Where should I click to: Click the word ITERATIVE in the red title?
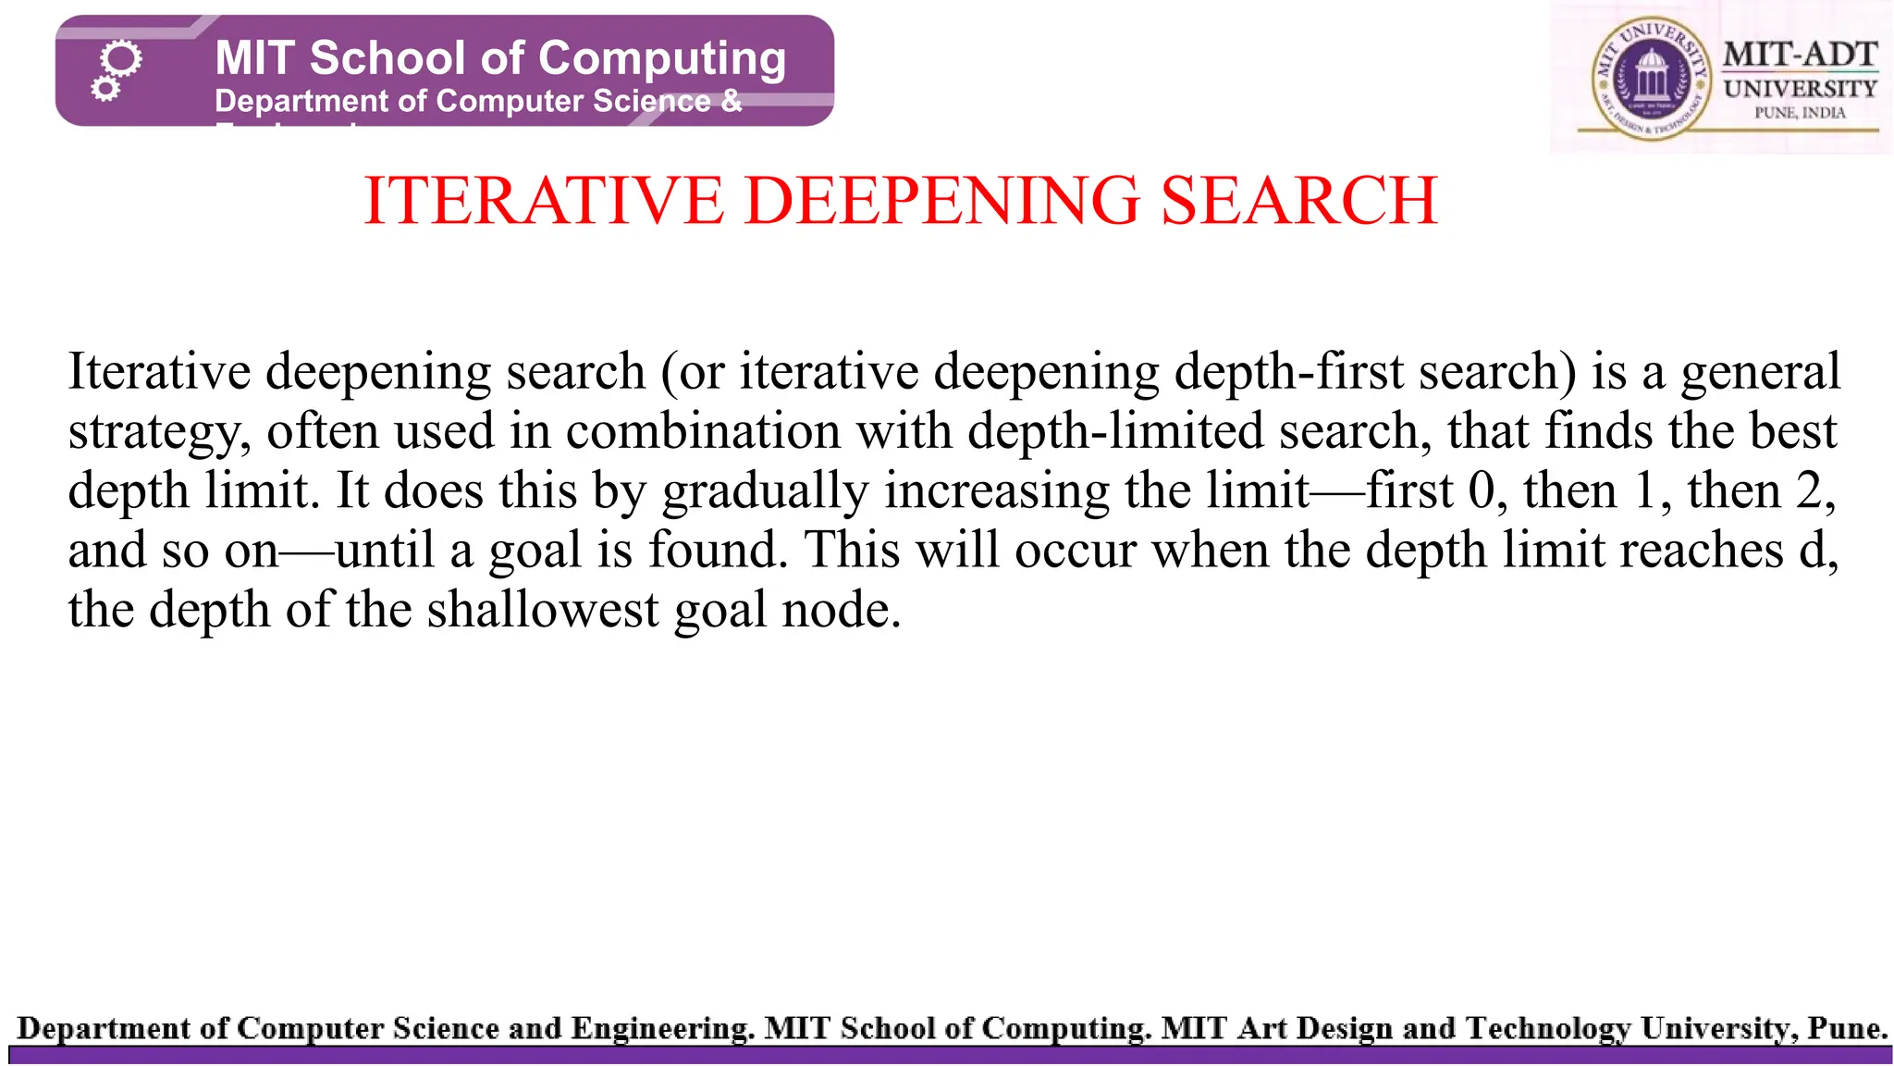544,201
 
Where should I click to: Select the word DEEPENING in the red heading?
941,201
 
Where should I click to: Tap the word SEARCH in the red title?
1298,201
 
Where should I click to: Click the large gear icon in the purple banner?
122,61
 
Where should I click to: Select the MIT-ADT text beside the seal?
1800,55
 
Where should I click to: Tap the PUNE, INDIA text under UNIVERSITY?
1800,113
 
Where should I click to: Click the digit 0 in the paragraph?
1481,490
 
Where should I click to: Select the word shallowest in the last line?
542,610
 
